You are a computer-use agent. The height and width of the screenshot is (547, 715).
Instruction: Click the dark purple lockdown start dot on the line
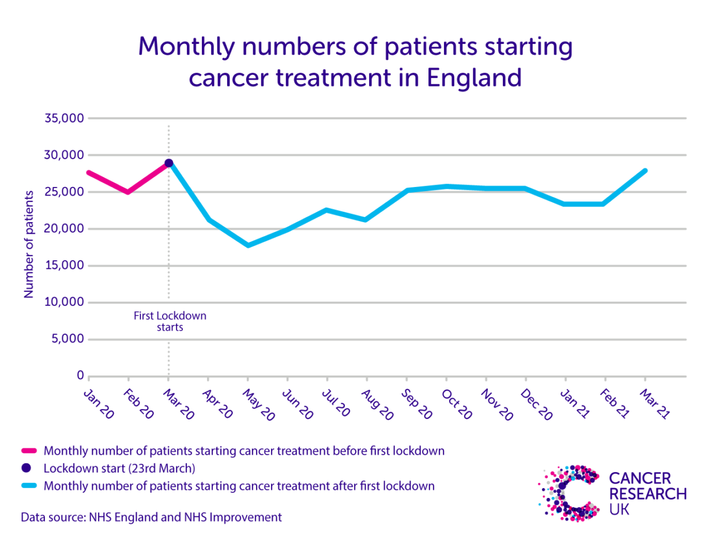168,163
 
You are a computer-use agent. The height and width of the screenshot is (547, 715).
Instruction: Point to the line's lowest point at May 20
248,245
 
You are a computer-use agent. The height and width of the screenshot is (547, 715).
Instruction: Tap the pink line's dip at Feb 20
128,192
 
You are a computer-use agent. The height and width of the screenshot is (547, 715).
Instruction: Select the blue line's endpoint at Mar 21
645,171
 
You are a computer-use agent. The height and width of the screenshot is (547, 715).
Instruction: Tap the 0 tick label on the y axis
80,376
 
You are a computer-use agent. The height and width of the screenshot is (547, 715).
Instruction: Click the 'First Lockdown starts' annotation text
170,321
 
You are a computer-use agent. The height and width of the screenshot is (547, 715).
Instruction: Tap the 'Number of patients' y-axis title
28,243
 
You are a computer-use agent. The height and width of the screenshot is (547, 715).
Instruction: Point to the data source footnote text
152,517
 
